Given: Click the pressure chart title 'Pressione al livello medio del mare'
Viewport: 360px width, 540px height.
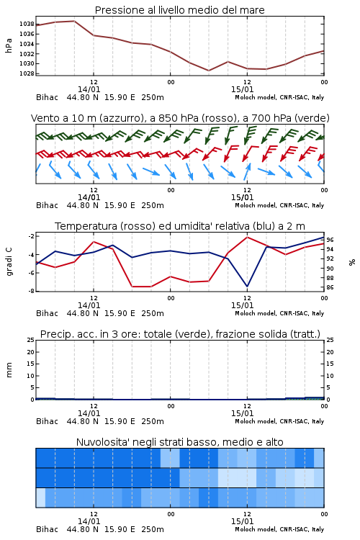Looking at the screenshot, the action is [179, 10].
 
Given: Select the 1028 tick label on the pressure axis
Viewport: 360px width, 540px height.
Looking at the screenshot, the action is [26, 73].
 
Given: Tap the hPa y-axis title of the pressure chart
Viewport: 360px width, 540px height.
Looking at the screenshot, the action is [9, 45].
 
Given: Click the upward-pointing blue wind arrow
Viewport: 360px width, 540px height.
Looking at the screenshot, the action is [247, 171].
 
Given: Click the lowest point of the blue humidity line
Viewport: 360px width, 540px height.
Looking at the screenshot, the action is [247, 286].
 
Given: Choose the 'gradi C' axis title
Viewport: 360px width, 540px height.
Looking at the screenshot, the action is [9, 262].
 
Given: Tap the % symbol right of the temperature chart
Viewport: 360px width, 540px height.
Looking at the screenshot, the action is [352, 262].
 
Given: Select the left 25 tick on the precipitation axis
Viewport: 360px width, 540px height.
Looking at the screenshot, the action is [31, 340].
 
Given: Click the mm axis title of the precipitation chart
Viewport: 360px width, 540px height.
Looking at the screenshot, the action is [9, 370].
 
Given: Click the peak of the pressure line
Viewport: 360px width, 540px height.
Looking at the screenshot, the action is [74, 21].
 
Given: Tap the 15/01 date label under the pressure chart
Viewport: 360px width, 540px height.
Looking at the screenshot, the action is [242, 89].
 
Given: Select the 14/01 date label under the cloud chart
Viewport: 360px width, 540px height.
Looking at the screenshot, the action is [89, 521].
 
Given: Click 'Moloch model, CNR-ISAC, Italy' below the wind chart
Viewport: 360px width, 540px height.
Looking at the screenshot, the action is [279, 205].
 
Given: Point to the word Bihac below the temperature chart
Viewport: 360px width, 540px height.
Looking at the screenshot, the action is [48, 313].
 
